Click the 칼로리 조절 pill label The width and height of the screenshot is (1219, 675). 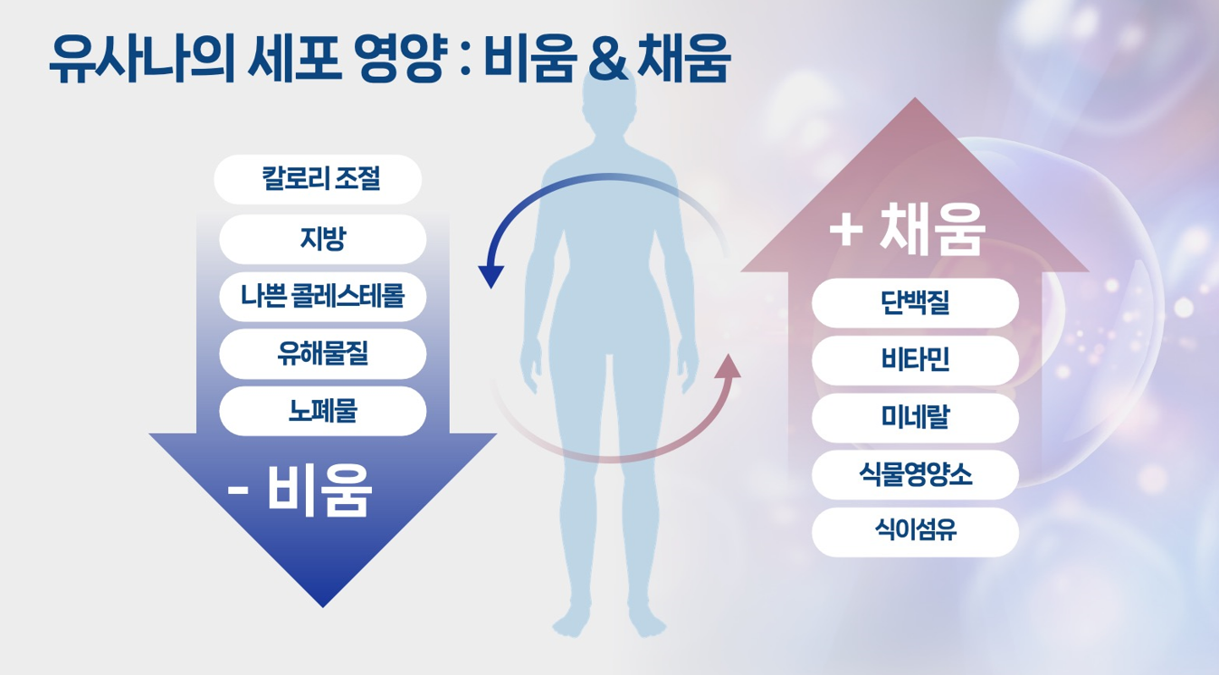[x=319, y=179]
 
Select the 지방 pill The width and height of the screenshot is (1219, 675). [x=322, y=239]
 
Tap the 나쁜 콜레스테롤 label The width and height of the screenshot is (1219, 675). [x=322, y=296]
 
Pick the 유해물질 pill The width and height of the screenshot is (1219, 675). [x=322, y=354]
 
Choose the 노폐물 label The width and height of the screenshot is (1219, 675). [x=322, y=411]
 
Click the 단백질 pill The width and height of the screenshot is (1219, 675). [x=915, y=303]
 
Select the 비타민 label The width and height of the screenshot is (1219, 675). [x=915, y=360]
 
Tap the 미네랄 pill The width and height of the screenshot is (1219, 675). [x=915, y=417]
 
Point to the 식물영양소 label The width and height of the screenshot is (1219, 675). [x=915, y=474]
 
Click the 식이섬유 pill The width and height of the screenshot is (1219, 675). [x=915, y=532]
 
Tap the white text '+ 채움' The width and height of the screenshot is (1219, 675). [x=907, y=230]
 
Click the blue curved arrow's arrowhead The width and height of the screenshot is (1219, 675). [x=490, y=274]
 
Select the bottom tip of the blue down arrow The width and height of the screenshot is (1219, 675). [x=322, y=604]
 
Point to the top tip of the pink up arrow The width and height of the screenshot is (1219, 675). [x=915, y=100]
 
